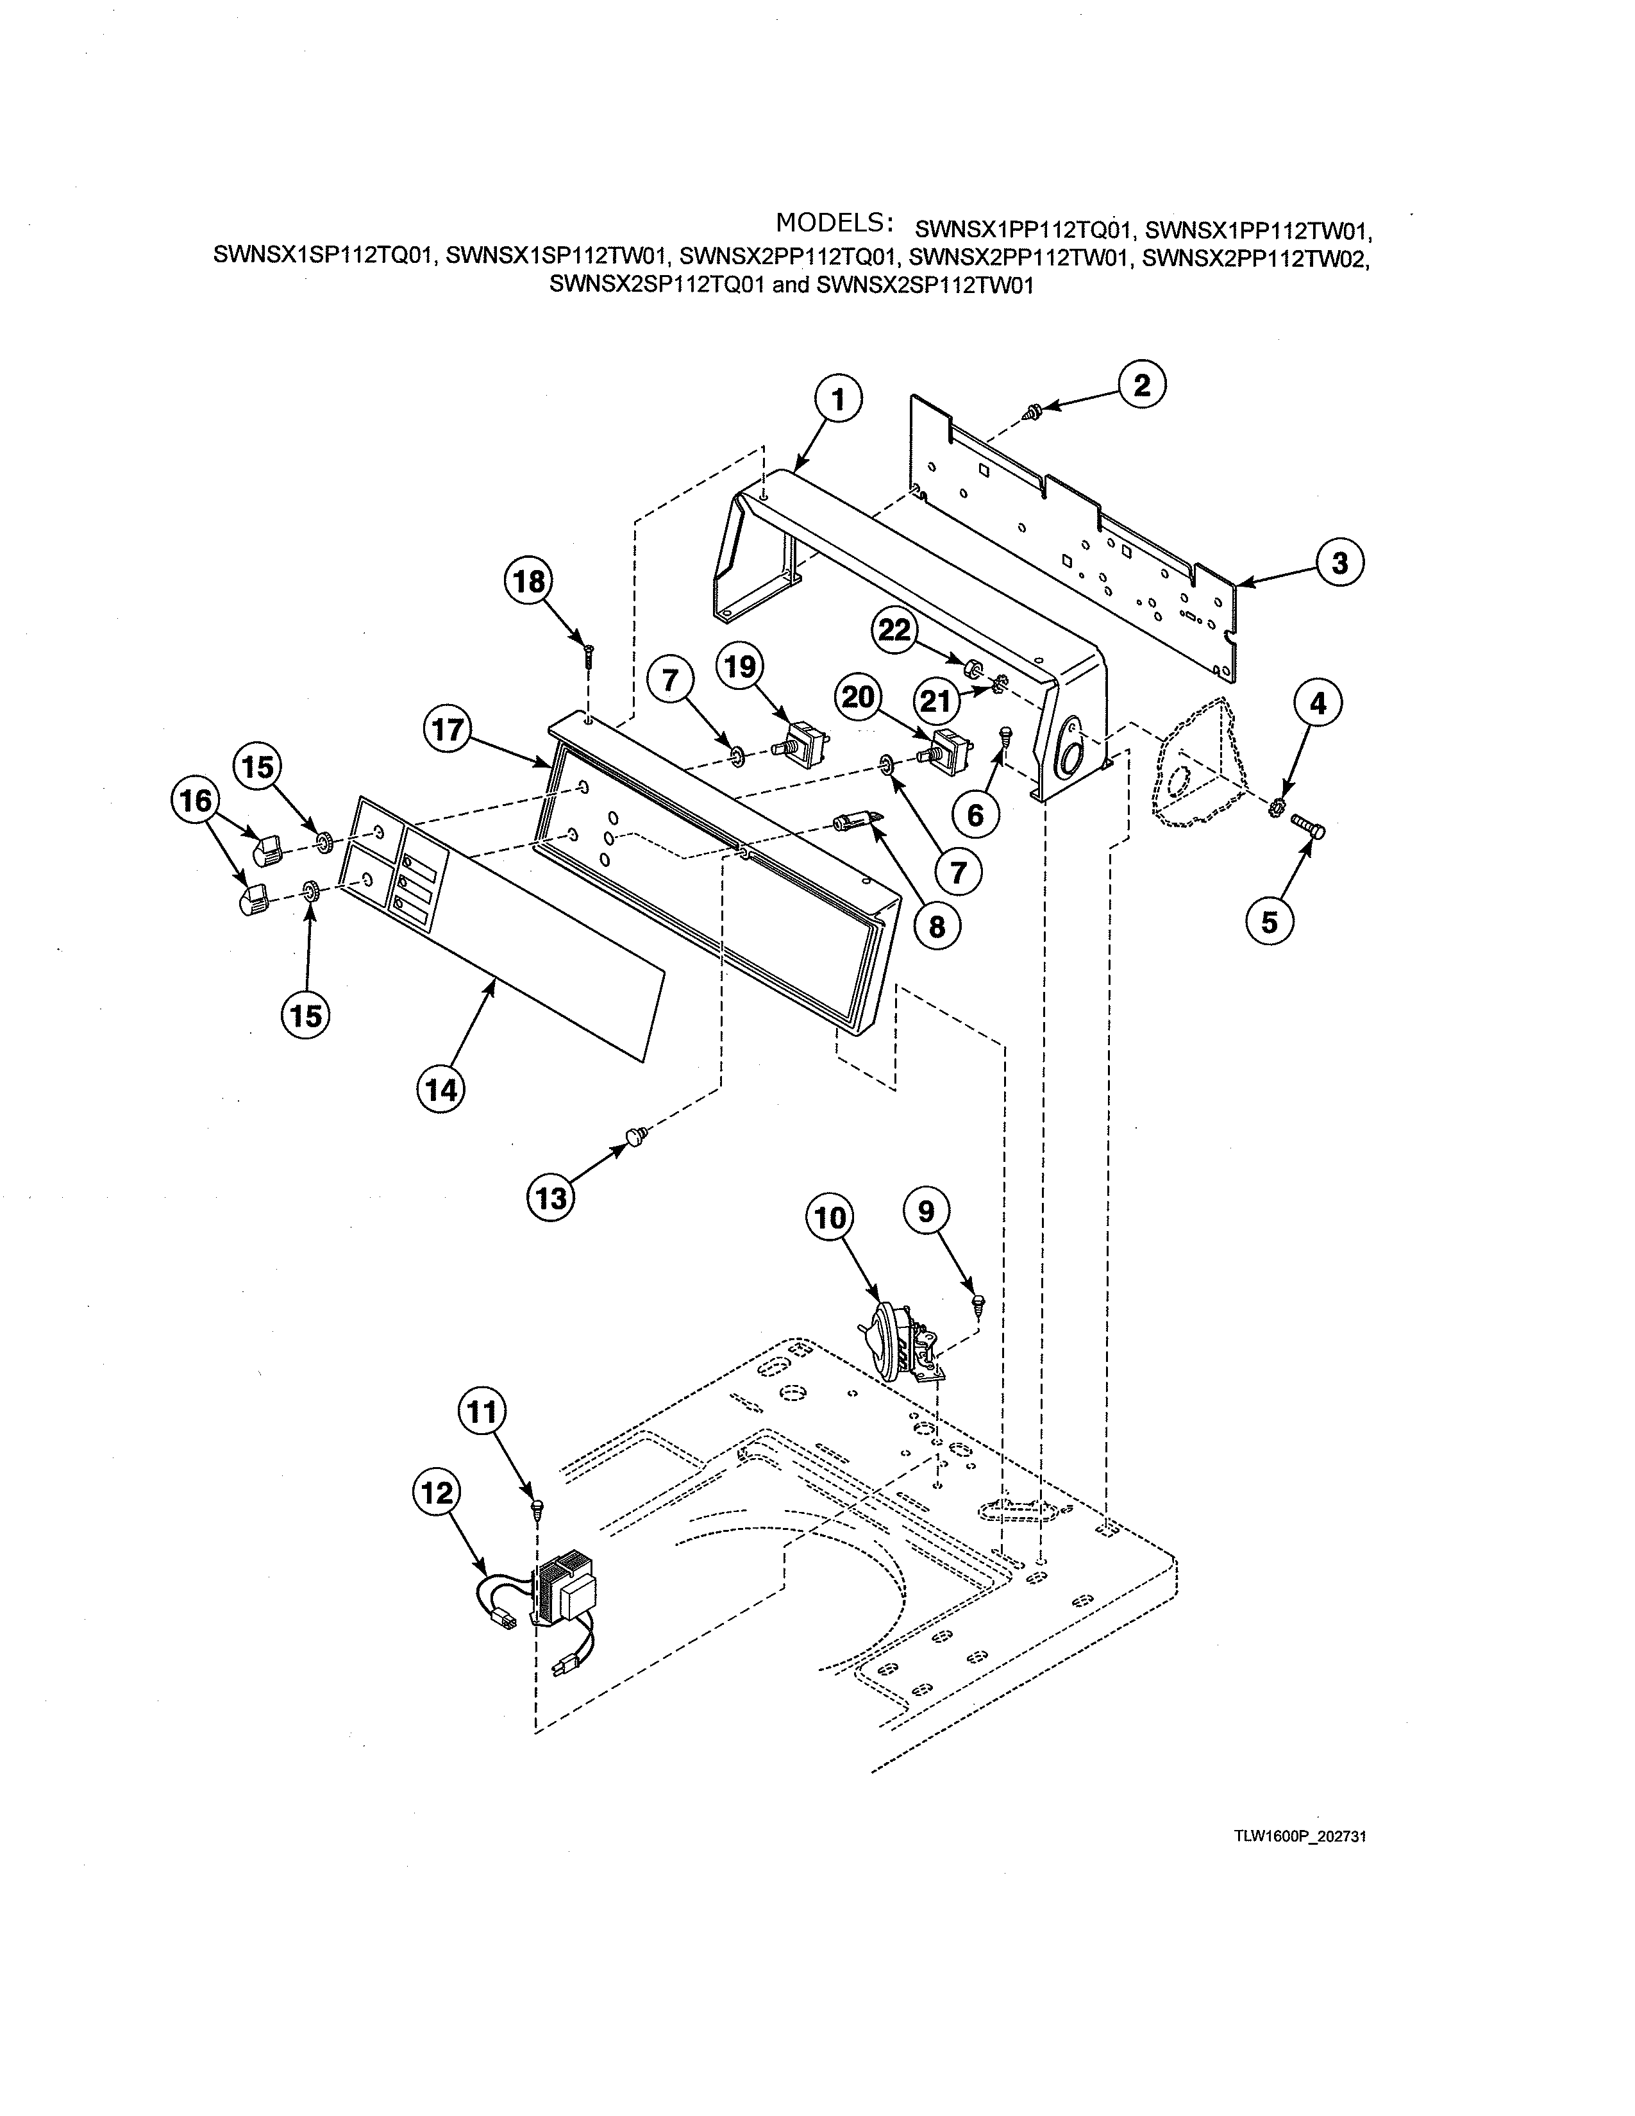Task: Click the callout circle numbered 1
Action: [838, 399]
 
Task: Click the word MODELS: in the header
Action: [833, 223]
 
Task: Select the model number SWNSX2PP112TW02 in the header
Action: [1256, 258]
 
